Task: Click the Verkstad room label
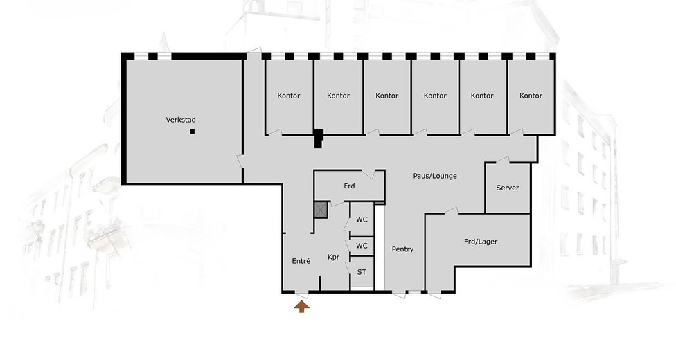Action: [x=181, y=120]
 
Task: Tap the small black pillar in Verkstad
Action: [x=193, y=132]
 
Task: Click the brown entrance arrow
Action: [x=302, y=307]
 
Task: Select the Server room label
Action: [x=508, y=188]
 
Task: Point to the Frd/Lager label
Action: [x=481, y=242]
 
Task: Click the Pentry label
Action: [x=402, y=249]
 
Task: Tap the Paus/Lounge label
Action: [x=435, y=176]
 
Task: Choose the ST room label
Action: [x=362, y=272]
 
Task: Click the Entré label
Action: [x=301, y=261]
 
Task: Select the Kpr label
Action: [x=334, y=258]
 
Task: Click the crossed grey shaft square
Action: [x=321, y=210]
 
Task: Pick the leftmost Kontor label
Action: [x=288, y=96]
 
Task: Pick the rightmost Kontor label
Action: [x=531, y=96]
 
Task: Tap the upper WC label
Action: [x=362, y=219]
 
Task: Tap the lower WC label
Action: [x=362, y=246]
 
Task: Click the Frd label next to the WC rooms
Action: [x=349, y=186]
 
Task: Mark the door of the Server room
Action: [x=503, y=160]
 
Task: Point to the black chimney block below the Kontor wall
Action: [x=318, y=138]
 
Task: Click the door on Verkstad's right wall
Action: [x=240, y=161]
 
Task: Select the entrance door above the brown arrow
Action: [x=302, y=295]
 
